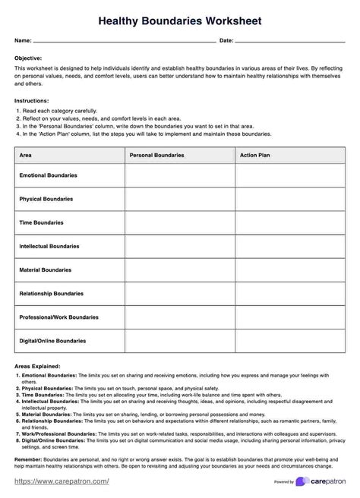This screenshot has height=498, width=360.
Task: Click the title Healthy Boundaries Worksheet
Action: tap(180, 21)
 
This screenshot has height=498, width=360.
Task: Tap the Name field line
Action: tap(125, 41)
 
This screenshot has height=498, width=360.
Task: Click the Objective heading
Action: tap(28, 58)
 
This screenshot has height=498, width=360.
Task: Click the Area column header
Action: tap(26, 154)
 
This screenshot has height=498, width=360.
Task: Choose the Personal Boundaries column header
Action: tap(157, 154)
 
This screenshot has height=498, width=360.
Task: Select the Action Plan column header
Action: tap(255, 154)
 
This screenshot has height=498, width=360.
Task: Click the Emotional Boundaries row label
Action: tap(48, 175)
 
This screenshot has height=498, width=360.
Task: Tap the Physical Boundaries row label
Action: tap(46, 199)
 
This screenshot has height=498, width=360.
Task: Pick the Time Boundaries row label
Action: tap(41, 222)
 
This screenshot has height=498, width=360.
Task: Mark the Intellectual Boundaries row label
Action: tap(49, 247)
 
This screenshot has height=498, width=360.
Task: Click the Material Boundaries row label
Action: tap(46, 269)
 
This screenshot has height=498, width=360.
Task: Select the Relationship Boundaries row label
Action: tap(51, 293)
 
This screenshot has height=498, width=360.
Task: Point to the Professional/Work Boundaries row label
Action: tap(58, 317)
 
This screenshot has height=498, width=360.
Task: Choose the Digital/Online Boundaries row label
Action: tap(54, 340)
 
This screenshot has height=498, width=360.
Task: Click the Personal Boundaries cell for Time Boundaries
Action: tap(179, 222)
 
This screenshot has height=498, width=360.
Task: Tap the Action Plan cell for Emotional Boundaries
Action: tap(289, 175)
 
